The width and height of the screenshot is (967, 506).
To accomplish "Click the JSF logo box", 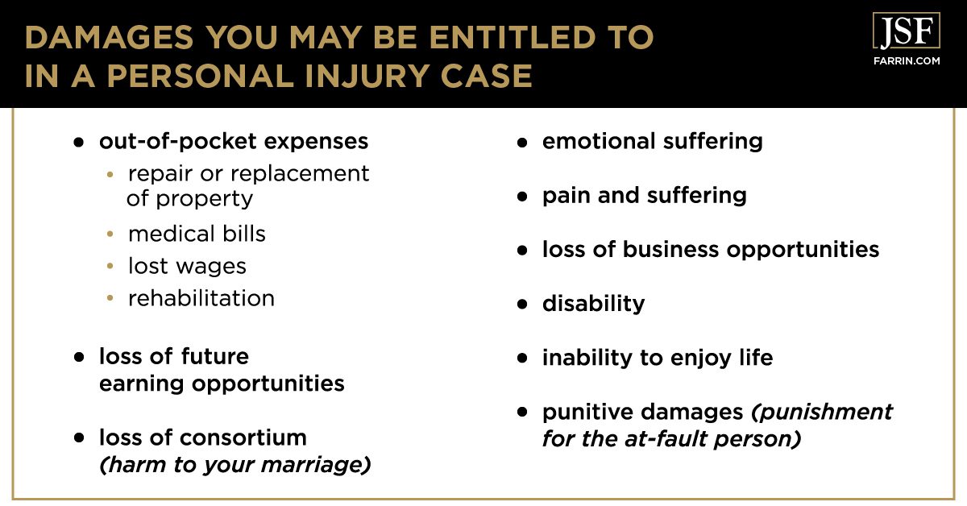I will coord(906,31).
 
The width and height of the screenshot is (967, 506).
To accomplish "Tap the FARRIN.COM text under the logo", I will coord(906,60).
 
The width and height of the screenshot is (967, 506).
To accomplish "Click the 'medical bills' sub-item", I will coord(197,234).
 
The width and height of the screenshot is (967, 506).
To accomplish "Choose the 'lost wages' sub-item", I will coord(187,266).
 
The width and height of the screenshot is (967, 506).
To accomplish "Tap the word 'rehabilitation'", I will coord(201,298).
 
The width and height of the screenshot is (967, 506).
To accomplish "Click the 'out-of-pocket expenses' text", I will coord(234,141).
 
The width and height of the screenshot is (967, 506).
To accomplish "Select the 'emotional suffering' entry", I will coord(652,141).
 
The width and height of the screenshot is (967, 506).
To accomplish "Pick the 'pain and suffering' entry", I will coord(644,195).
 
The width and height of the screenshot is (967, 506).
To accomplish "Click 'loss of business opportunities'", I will coord(710,249).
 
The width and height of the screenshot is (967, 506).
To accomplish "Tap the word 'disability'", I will coord(593,303).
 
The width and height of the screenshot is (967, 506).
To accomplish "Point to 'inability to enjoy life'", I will coord(657,357).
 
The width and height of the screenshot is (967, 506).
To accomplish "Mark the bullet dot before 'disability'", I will coord(522,304).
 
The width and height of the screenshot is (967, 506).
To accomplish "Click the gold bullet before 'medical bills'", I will coord(110,234).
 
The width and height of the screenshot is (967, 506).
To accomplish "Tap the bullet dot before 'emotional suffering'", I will coord(522,142).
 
